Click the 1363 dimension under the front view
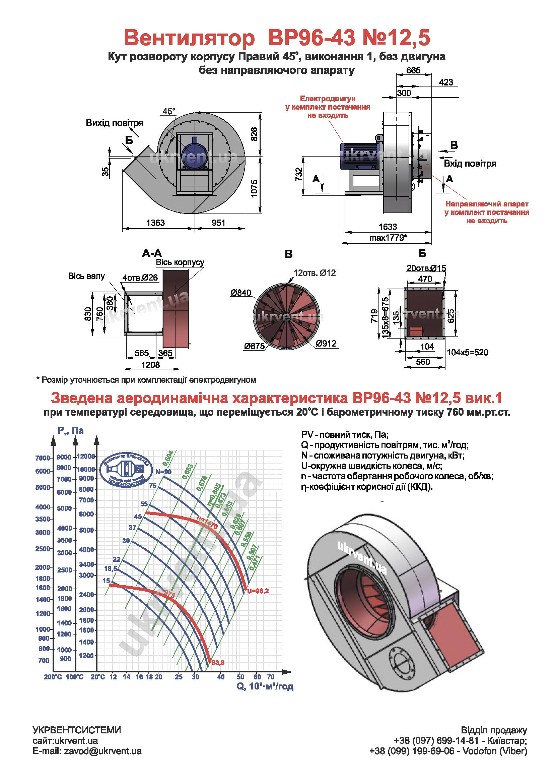[x=155, y=223]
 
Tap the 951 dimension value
[x=218, y=223]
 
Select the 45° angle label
[x=168, y=111]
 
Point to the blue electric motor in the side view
[x=358, y=156]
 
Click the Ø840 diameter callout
[x=240, y=293]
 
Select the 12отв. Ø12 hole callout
[x=315, y=273]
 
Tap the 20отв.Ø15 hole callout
[x=426, y=268]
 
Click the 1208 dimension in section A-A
[x=150, y=365]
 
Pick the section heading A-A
[x=152, y=253]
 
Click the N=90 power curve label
[x=163, y=472]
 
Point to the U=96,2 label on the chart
[x=258, y=591]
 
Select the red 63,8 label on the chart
[x=218, y=663]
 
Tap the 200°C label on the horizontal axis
[x=53, y=677]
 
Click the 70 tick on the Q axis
[x=271, y=677]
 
